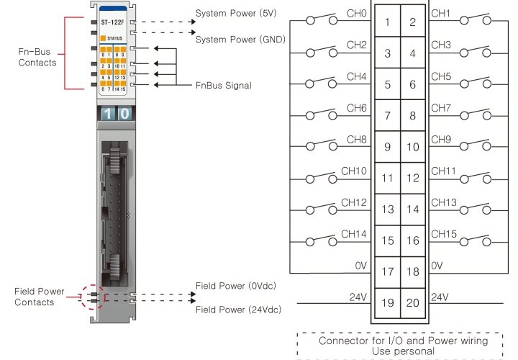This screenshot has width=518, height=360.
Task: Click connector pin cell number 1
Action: (x=387, y=22)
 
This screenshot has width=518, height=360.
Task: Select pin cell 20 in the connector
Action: (x=413, y=303)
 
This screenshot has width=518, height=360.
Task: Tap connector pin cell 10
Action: (x=413, y=147)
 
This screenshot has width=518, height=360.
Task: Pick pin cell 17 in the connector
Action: (x=387, y=271)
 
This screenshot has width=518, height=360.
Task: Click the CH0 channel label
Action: (x=357, y=14)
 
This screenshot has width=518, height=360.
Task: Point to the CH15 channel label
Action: (x=444, y=233)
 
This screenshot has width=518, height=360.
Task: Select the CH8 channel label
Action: (x=357, y=139)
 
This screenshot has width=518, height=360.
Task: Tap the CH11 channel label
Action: (x=444, y=171)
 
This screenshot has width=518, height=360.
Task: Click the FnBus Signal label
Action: (x=224, y=86)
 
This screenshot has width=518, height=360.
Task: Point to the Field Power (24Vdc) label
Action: (x=238, y=310)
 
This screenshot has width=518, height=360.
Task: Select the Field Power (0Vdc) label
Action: (x=236, y=286)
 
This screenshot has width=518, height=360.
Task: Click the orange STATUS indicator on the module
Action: (x=105, y=38)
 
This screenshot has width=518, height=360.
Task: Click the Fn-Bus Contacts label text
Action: (x=37, y=58)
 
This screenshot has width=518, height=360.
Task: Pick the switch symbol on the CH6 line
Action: (x=322, y=114)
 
